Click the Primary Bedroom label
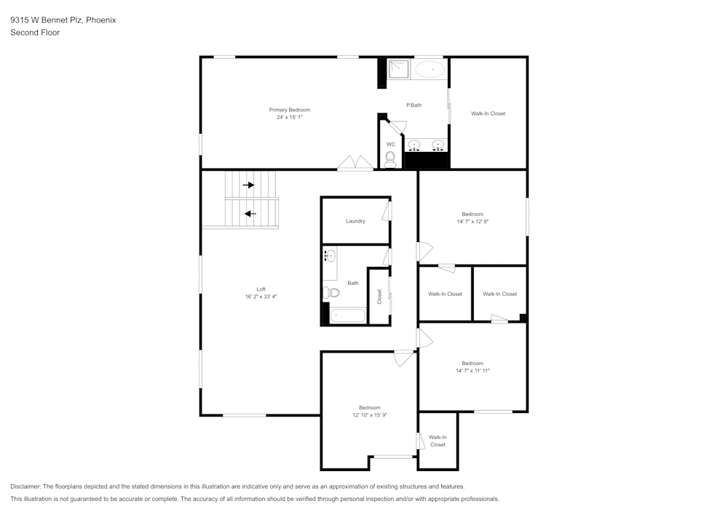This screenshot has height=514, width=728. click(289, 110)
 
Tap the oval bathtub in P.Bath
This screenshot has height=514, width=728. click(430, 70)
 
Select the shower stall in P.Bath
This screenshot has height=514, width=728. click(398, 69)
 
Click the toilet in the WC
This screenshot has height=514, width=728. click(390, 159)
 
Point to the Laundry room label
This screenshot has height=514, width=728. click(355, 221)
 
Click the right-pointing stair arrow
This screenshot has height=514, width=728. click(249, 185)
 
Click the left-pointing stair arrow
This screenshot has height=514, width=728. click(250, 214)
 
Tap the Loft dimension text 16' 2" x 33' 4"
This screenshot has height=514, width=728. click(261, 297)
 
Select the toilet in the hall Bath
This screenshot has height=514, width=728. click(333, 293)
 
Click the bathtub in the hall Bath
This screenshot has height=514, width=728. click(347, 316)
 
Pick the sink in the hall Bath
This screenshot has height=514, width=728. click(331, 255)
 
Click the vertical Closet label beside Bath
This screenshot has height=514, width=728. click(379, 297)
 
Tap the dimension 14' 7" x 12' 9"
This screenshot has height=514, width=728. click(472, 222)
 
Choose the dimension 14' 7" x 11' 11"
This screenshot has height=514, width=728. click(472, 371)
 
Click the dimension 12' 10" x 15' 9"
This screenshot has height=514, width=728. click(369, 415)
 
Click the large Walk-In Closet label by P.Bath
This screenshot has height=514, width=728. click(488, 113)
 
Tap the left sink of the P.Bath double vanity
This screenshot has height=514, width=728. click(414, 144)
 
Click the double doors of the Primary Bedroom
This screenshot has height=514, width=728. click(355, 163)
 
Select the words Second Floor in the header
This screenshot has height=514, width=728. click(35, 33)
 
